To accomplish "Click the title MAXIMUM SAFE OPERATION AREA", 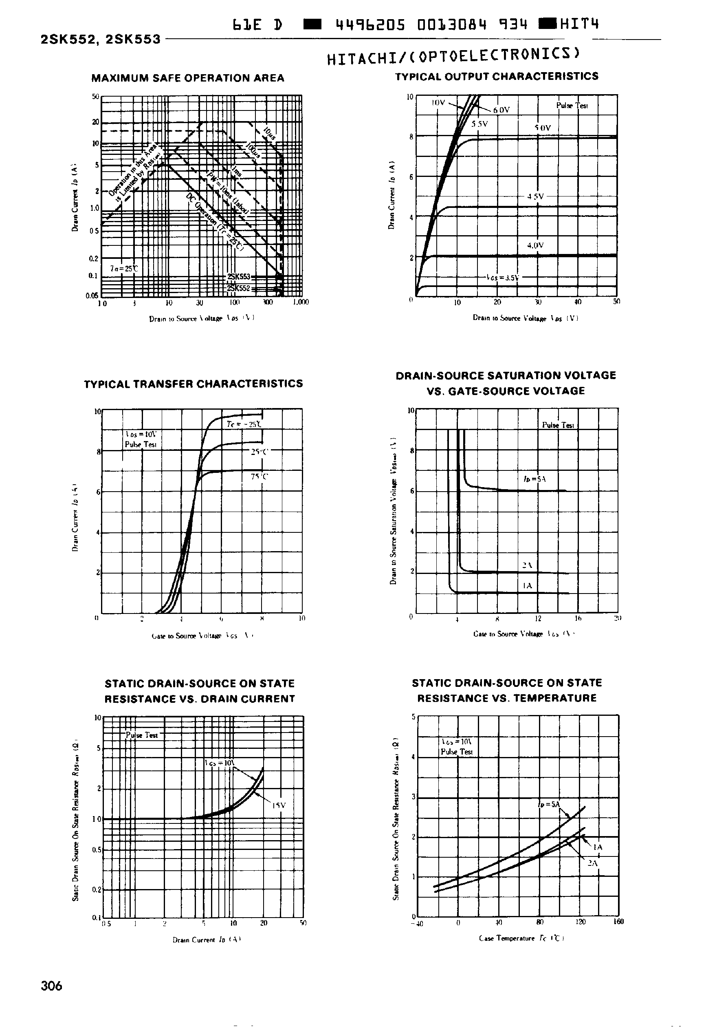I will click(x=188, y=78).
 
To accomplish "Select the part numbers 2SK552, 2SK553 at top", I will click(x=101, y=40).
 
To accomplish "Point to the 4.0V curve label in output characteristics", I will click(x=535, y=245).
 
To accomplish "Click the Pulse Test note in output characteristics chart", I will click(x=572, y=106).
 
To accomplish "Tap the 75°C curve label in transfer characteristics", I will click(x=259, y=477).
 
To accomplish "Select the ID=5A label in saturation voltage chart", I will click(x=534, y=479).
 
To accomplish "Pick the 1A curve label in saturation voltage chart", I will click(x=528, y=586).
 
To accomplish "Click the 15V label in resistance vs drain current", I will click(x=279, y=805).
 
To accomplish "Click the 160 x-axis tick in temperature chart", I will click(x=618, y=922).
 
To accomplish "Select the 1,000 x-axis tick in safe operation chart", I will click(x=301, y=302).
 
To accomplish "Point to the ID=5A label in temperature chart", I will click(x=549, y=804).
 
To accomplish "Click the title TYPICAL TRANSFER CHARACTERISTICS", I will click(x=193, y=384).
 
